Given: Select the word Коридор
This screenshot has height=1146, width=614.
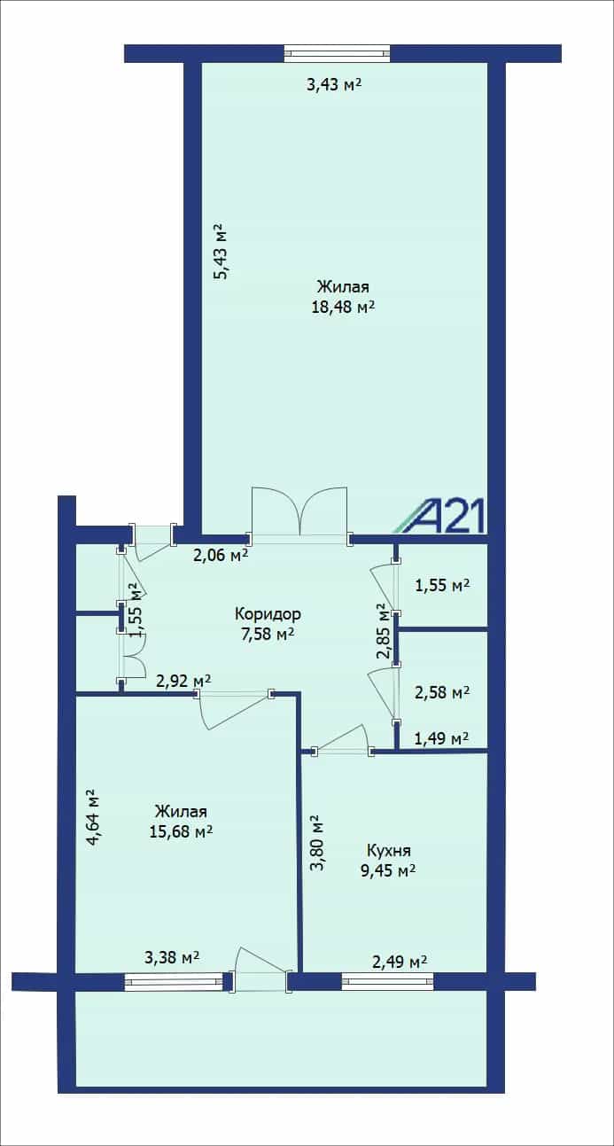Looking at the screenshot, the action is pos(268,613).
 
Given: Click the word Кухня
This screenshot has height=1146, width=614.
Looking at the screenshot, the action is pos(389,850).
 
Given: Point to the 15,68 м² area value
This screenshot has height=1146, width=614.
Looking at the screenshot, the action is pos(181,831).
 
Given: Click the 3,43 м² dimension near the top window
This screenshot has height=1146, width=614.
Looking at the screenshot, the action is pos(334,84).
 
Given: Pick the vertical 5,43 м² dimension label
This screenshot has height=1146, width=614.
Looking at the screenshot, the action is pos(221,251).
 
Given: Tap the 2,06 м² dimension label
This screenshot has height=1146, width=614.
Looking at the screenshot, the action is pos(221,555).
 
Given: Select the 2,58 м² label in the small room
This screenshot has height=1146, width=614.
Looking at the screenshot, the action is pos(442,693).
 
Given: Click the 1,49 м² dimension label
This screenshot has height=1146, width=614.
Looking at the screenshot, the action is pos(442,738).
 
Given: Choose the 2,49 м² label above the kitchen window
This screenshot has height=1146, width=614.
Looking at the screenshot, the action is pos(400,963).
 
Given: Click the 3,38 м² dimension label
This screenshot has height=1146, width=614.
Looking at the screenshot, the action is pos(172,957).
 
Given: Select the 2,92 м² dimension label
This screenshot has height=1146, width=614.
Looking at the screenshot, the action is pos(183,682).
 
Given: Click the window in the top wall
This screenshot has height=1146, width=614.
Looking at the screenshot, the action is pos(337,54).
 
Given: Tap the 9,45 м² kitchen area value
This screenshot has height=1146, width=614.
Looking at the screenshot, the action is pos(388,869).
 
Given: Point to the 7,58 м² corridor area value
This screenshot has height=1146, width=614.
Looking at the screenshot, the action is pos(268,634).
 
